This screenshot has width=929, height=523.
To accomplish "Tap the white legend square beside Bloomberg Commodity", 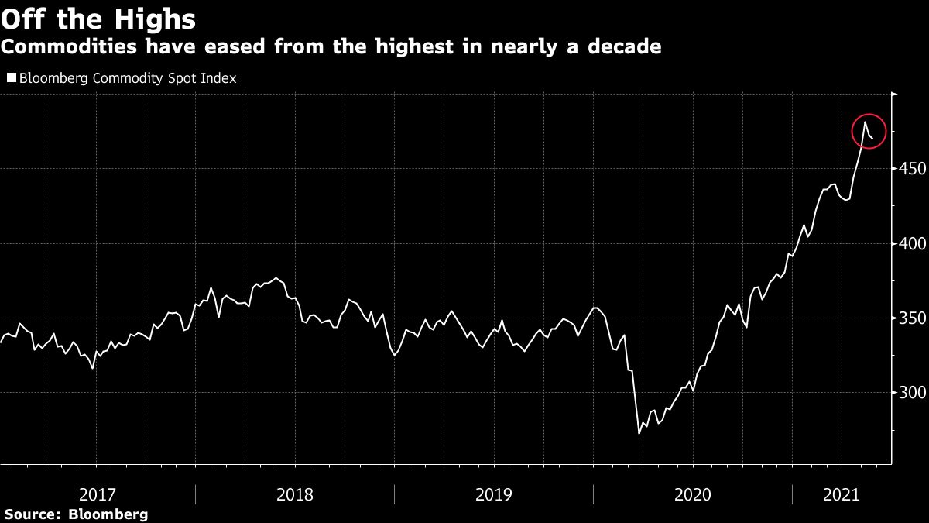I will [x=11, y=78].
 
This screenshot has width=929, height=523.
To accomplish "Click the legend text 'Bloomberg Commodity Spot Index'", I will [x=127, y=78].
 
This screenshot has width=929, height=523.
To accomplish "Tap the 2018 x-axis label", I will [x=295, y=494].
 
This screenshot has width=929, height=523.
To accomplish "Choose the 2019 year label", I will [x=494, y=494].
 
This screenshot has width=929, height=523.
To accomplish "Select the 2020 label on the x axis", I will [x=693, y=494].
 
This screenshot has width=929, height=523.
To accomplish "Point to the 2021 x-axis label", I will [x=842, y=494].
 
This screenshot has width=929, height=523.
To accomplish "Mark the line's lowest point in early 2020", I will [x=639, y=433].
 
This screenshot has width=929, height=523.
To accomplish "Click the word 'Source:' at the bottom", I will [x=33, y=514].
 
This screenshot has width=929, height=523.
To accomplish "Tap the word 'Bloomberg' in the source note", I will [x=108, y=514].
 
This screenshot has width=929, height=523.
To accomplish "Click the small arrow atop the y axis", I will [x=895, y=95].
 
